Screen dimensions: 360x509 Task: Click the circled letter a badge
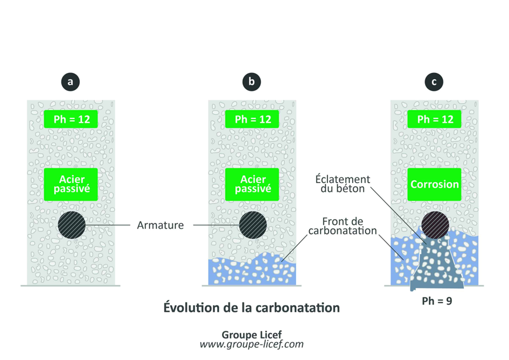tap(70, 82)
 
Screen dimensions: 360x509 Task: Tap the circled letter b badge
tap(252, 82)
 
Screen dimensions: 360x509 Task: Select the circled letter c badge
tap(434, 82)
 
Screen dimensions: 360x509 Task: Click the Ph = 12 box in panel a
tap(71, 119)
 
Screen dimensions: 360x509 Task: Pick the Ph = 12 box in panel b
tap(252, 119)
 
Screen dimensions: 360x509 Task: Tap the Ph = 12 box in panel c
tap(435, 119)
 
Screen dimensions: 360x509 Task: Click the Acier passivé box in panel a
tap(71, 184)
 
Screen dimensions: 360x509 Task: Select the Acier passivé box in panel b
tap(252, 184)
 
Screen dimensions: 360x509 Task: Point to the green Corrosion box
tap(435, 184)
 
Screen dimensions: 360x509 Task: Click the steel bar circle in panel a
tap(71, 225)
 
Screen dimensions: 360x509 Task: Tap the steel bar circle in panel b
tap(252, 225)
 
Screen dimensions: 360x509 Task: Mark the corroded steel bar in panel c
tap(435, 224)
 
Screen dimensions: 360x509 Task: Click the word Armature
tap(160, 225)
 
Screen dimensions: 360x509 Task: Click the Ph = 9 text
tap(436, 301)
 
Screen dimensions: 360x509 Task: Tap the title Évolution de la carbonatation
tap(252, 308)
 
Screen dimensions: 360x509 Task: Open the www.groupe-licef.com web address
tap(252, 344)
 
